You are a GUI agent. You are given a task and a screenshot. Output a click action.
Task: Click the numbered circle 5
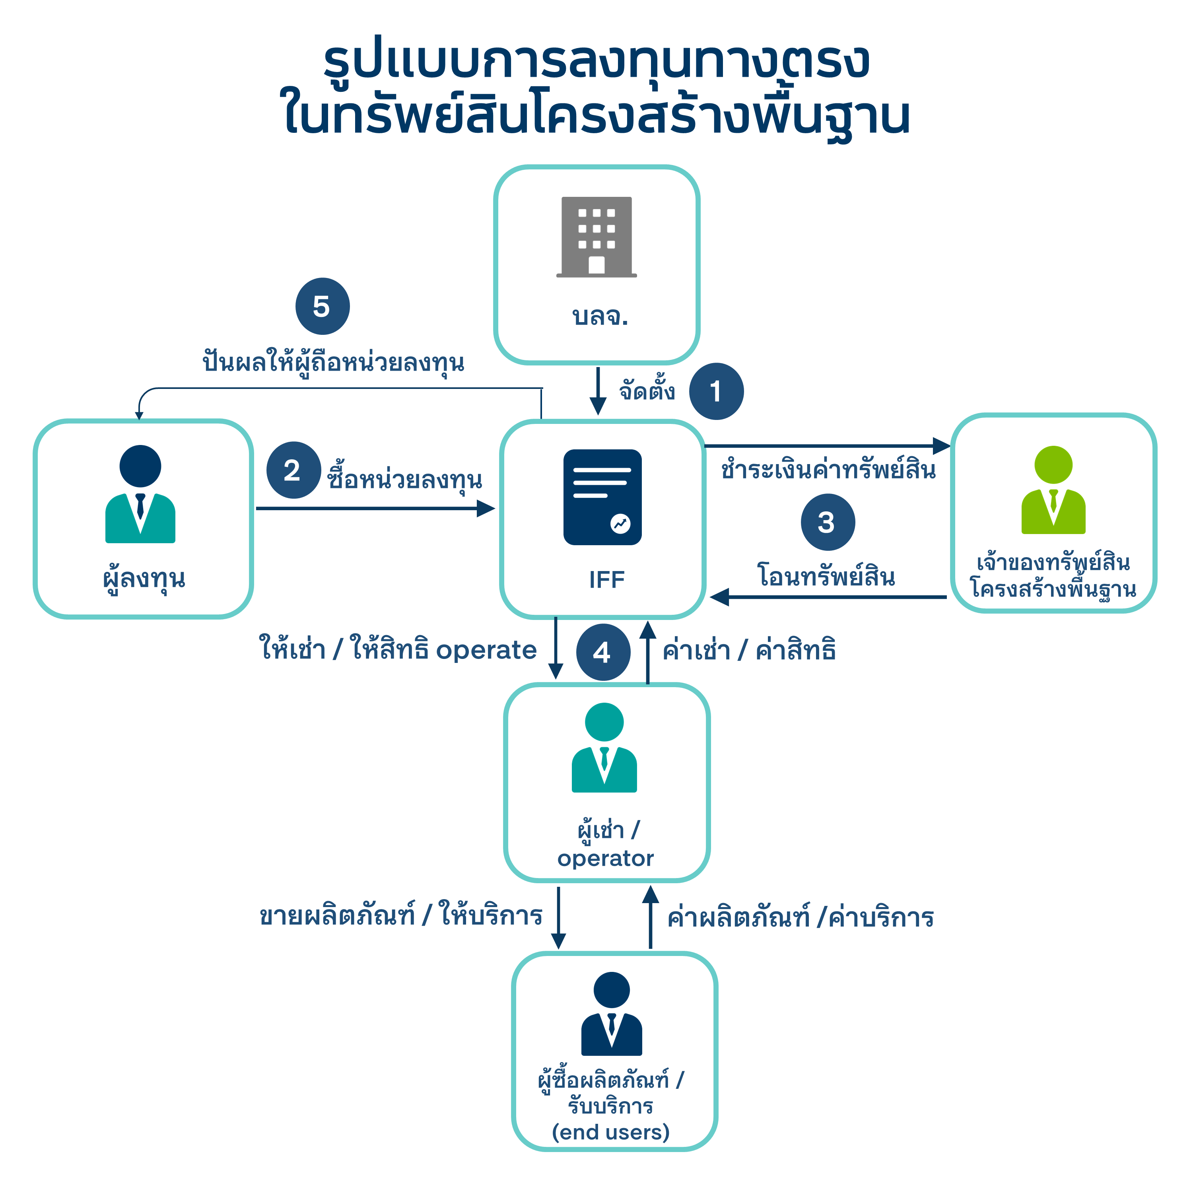pos(323,306)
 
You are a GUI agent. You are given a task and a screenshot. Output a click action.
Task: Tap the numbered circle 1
pos(716,391)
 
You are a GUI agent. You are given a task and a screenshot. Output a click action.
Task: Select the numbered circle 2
pos(293,470)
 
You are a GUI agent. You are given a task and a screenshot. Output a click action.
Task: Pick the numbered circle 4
pos(603,652)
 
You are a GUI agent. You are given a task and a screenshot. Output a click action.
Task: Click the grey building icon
pos(596,237)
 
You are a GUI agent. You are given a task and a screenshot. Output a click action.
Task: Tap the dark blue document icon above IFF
pos(602,497)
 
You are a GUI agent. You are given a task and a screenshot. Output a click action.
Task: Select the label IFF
pos(606,580)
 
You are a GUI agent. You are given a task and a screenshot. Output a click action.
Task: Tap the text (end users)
pos(610,1132)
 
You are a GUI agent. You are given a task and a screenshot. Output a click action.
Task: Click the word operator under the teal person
pos(605,858)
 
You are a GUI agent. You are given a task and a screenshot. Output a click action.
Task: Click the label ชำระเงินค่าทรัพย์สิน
pos(828,470)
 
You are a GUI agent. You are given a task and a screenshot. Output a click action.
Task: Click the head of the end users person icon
pos(611,990)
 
